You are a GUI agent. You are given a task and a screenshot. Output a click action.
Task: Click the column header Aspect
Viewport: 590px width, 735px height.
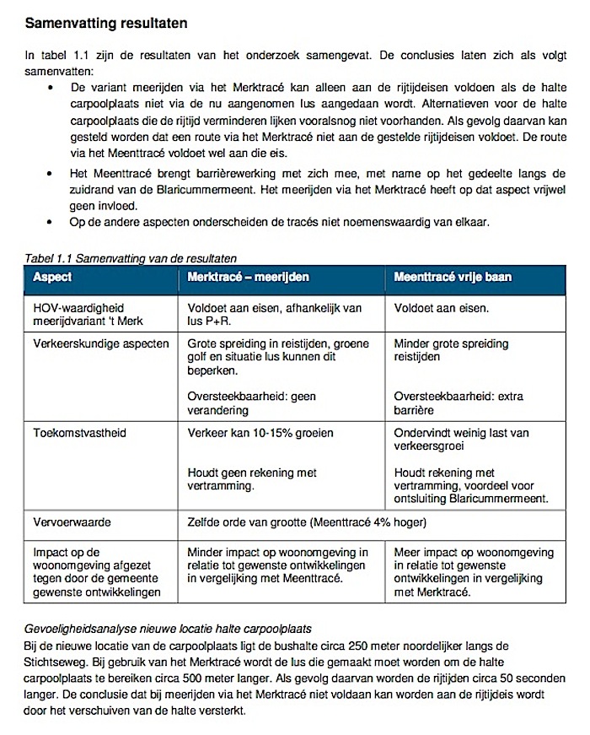(x=52, y=277)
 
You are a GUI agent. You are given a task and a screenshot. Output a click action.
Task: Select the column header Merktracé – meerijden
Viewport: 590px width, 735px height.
(x=248, y=277)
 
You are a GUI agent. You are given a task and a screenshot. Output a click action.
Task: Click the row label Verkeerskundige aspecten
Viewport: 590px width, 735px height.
(x=101, y=343)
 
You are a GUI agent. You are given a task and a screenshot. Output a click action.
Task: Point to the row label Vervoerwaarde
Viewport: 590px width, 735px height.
(x=72, y=522)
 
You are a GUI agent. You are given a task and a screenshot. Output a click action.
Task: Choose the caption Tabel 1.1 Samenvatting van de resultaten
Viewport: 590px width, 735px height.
(x=130, y=257)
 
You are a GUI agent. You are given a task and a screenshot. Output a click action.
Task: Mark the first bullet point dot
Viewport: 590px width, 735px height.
(x=51, y=88)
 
